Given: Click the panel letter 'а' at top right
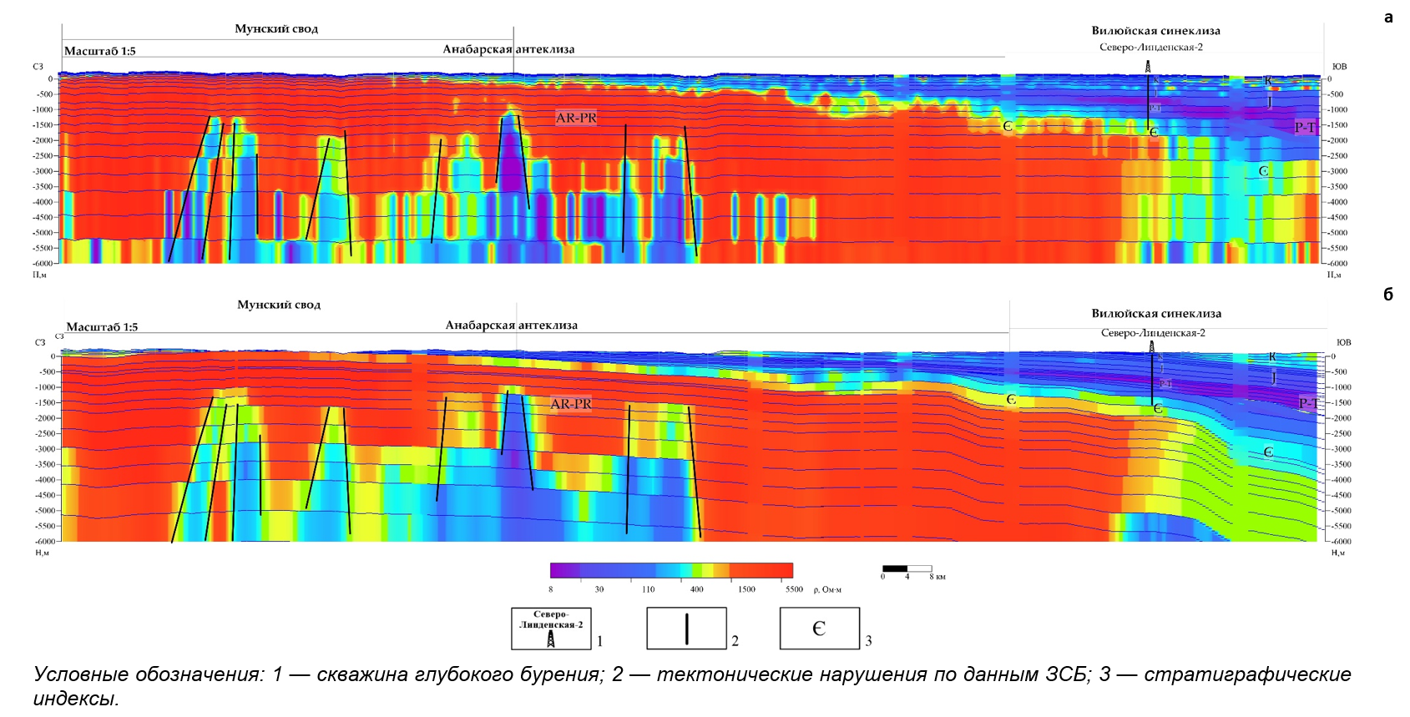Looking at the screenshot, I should [x=1388, y=18].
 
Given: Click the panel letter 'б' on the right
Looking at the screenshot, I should [x=1388, y=294].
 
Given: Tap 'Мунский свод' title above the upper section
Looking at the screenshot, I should [x=276, y=29].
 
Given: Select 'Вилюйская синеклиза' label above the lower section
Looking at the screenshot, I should [x=1156, y=314].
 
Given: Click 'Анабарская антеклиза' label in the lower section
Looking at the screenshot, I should [x=511, y=326].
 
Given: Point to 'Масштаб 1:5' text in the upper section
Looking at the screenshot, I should [x=100, y=51].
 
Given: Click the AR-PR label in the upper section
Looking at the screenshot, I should [x=576, y=118].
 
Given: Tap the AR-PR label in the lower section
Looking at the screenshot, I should [x=571, y=404].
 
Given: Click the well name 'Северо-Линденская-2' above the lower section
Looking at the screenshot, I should [x=1153, y=333].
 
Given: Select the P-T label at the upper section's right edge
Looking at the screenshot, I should [x=1305, y=127].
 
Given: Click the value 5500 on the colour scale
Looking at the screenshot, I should [x=794, y=589].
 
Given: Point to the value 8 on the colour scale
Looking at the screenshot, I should [x=551, y=589].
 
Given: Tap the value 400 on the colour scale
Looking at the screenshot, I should [x=696, y=589].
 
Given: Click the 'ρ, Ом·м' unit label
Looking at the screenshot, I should [x=827, y=590].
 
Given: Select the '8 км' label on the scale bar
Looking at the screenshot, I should [x=937, y=577].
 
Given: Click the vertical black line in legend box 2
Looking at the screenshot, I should [x=686, y=629].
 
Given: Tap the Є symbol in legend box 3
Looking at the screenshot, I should [x=819, y=629].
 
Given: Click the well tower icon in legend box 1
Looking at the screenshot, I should [x=551, y=639].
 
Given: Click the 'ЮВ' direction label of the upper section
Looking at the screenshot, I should [x=1339, y=67].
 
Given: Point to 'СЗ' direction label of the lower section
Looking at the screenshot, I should [x=39, y=342].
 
